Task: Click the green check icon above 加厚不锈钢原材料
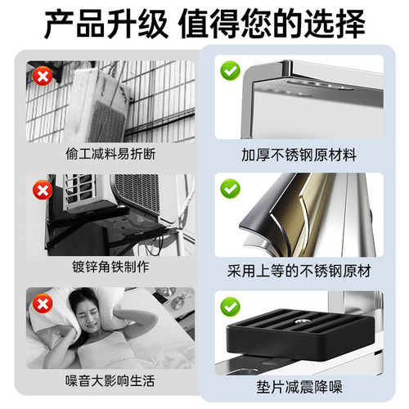(228, 72)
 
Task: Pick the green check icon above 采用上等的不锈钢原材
(228, 189)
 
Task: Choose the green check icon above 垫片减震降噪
(228, 308)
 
